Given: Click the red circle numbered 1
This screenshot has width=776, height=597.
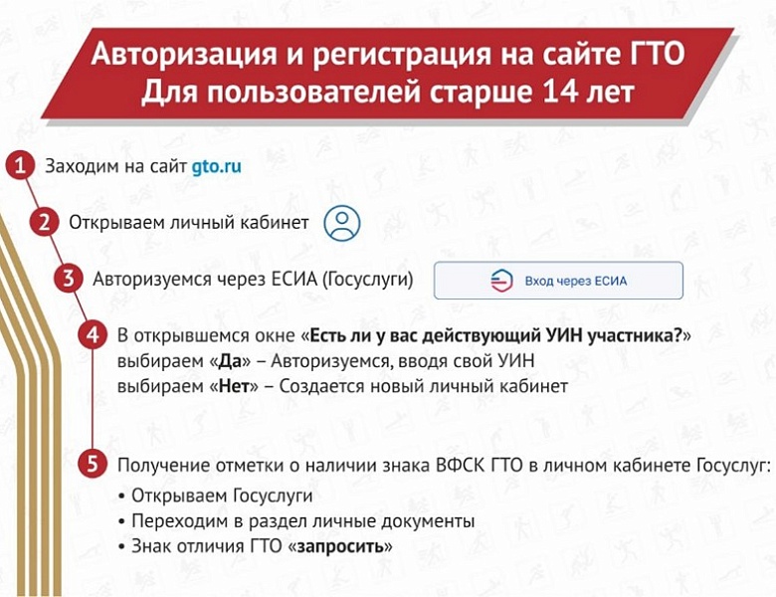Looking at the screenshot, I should pyautogui.click(x=18, y=165).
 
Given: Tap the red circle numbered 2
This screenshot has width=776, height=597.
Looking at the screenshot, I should pyautogui.click(x=44, y=222).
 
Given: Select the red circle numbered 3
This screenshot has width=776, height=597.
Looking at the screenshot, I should pyautogui.click(x=68, y=279).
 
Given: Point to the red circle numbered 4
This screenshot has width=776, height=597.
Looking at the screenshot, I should pyautogui.click(x=93, y=335).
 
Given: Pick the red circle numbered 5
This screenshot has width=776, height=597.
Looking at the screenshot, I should pyautogui.click(x=93, y=464).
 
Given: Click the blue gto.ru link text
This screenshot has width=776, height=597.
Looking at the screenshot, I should pyautogui.click(x=217, y=166).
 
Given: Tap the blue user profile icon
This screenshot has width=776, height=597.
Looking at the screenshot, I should pyautogui.click(x=342, y=223).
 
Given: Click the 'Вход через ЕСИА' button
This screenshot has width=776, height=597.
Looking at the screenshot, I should pyautogui.click(x=558, y=281).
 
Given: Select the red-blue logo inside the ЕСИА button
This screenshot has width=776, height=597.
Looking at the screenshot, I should pyautogui.click(x=501, y=281).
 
